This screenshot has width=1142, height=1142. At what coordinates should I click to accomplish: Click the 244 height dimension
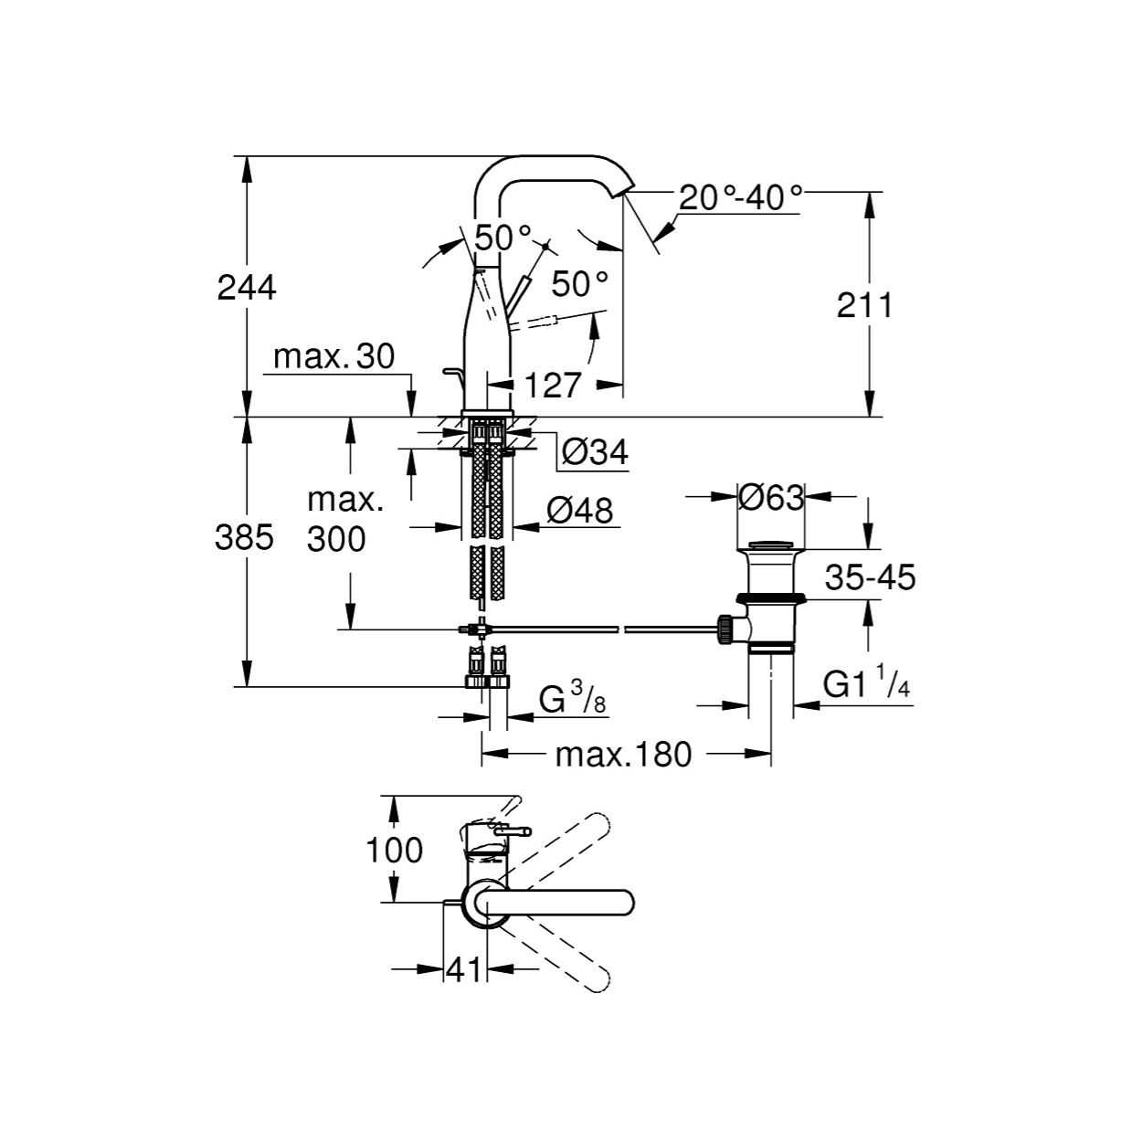click(247, 288)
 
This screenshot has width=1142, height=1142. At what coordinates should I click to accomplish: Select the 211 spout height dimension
click(864, 305)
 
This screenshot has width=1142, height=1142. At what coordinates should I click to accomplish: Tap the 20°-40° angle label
click(741, 197)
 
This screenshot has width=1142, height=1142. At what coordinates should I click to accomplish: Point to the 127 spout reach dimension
click(553, 386)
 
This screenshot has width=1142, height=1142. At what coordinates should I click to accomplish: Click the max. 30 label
click(334, 356)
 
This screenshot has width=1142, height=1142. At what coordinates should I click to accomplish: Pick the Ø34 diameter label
click(595, 453)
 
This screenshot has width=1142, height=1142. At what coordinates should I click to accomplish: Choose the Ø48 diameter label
click(579, 511)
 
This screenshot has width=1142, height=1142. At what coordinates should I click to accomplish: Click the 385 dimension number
click(244, 537)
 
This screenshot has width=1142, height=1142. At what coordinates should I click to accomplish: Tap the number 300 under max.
click(336, 539)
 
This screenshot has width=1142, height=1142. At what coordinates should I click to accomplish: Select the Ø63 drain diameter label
click(771, 497)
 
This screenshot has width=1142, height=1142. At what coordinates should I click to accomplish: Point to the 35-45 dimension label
click(870, 576)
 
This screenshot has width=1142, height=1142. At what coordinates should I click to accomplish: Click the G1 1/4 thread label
click(866, 683)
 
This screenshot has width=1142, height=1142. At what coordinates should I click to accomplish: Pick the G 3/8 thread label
click(573, 697)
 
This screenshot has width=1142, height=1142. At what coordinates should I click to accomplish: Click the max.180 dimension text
click(623, 755)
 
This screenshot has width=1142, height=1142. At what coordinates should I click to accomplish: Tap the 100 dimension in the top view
click(394, 851)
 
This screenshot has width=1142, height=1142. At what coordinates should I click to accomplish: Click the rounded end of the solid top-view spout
click(626, 904)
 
